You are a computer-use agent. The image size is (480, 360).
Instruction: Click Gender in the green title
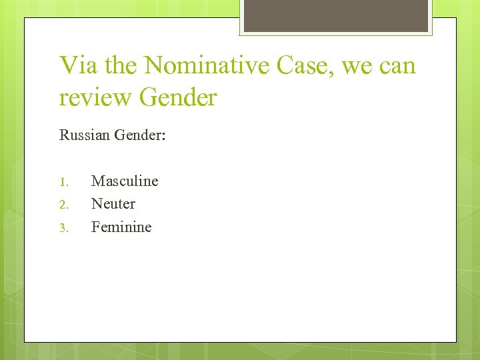point(179,97)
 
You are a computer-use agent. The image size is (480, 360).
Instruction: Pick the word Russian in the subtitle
point(85,135)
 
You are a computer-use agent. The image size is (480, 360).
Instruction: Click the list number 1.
point(63,182)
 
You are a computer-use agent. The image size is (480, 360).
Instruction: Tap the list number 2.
point(63,205)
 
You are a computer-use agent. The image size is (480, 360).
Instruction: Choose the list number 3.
point(63,228)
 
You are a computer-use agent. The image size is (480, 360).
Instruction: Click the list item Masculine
point(125,181)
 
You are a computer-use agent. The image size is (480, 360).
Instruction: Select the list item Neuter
point(113,203)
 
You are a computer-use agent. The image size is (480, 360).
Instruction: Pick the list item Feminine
point(121,227)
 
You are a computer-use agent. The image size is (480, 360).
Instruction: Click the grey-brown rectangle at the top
point(336,15)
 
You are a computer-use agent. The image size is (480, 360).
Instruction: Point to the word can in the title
point(397,67)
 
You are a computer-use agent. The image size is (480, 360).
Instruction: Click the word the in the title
point(119,65)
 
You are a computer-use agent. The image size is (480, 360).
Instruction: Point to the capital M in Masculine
point(98,181)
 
